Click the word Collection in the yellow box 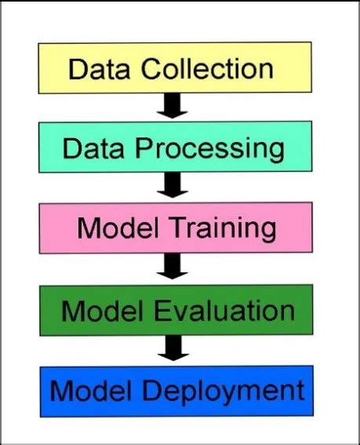point(207,68)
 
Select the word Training point(222,228)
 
